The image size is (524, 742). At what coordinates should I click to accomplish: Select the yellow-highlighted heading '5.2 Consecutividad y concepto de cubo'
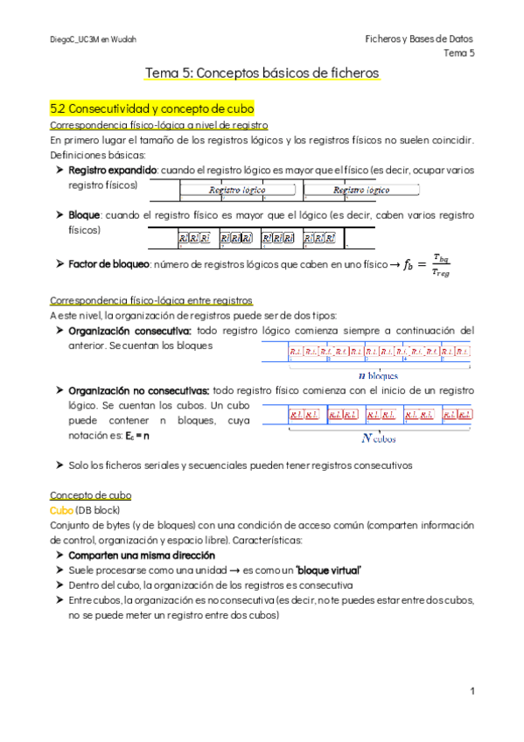(x=151, y=109)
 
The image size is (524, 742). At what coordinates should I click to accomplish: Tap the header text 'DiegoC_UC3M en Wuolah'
(x=93, y=39)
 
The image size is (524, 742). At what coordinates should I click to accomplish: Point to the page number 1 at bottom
(x=472, y=691)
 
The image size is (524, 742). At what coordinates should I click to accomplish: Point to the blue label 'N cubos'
(x=379, y=437)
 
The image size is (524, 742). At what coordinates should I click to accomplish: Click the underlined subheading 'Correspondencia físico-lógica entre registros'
(x=151, y=299)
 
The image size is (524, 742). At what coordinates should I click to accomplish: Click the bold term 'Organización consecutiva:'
(x=129, y=330)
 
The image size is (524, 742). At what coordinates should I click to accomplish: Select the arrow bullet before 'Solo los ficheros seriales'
(x=59, y=465)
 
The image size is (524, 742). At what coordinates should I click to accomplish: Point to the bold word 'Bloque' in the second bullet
(x=85, y=214)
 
